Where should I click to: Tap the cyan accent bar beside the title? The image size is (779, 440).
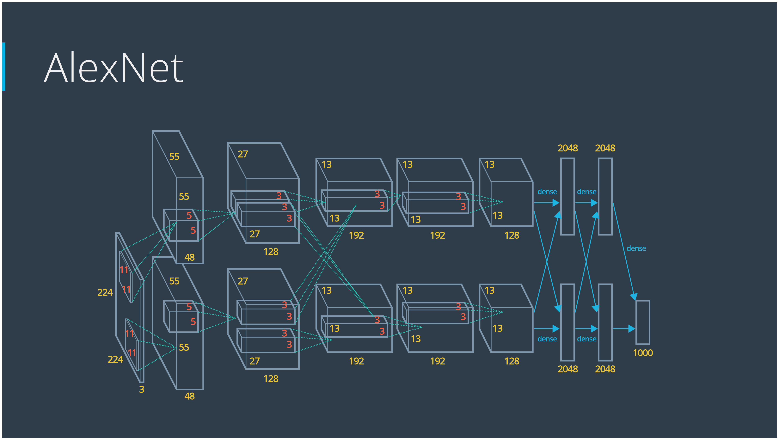click(x=4, y=67)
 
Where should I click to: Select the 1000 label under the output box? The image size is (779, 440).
click(x=643, y=353)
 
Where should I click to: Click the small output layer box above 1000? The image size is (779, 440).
click(x=643, y=322)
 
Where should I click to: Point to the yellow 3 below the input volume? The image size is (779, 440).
click(x=142, y=389)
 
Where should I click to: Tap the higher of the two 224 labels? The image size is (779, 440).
click(x=105, y=292)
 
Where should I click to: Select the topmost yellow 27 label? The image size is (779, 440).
click(x=242, y=154)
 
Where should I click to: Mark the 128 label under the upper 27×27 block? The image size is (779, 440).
click(x=271, y=252)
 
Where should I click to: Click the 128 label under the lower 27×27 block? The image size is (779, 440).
click(x=271, y=379)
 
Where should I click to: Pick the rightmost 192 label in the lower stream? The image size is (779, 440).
click(x=437, y=361)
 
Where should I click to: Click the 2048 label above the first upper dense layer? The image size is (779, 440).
click(x=568, y=148)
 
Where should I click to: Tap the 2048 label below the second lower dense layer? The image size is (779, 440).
click(x=605, y=369)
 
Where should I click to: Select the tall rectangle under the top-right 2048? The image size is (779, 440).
click(x=605, y=197)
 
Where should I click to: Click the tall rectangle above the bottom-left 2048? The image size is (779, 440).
click(x=568, y=322)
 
